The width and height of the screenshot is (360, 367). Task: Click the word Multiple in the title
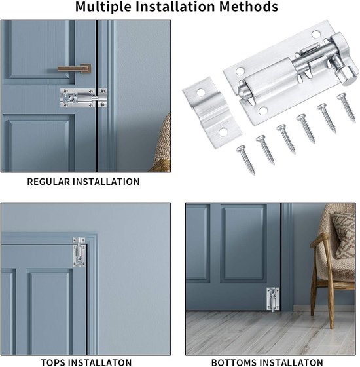(x=104, y=7)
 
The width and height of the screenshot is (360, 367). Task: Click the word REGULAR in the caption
(x=48, y=182)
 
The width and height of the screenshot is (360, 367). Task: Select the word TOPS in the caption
(x=52, y=362)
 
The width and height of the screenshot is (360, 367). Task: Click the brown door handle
(x=75, y=69)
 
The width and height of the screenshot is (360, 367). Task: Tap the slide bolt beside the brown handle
(x=84, y=98)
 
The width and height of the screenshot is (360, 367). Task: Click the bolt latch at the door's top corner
(x=79, y=252)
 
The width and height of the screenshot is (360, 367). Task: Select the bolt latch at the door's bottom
(x=273, y=299)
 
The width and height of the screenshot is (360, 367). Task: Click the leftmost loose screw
(x=245, y=160)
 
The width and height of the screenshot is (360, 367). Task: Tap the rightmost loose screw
(x=347, y=107)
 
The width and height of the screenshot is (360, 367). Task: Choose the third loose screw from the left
(x=285, y=139)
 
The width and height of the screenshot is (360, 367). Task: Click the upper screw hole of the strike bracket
(x=200, y=92)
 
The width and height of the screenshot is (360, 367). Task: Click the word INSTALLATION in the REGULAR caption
(x=106, y=182)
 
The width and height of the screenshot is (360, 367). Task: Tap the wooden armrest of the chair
(x=319, y=240)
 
